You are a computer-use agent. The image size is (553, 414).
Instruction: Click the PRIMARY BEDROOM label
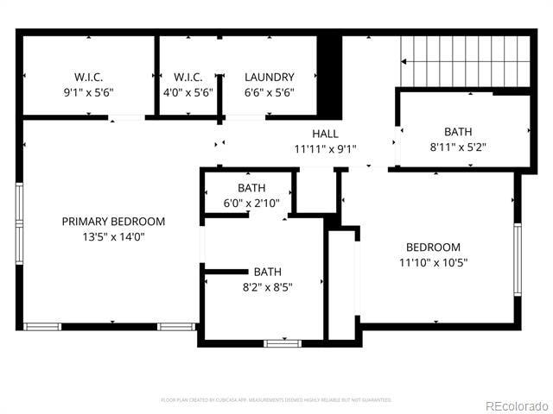point(113,222)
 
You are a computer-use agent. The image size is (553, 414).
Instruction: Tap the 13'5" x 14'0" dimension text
point(113,237)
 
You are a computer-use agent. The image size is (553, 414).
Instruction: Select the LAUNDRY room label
point(269,77)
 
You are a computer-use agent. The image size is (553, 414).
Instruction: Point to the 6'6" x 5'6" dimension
point(269,92)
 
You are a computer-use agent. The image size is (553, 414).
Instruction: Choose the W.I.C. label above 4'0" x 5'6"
point(188,77)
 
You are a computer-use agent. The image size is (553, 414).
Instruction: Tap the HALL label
point(325,134)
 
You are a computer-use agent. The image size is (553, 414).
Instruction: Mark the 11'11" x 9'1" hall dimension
point(325,148)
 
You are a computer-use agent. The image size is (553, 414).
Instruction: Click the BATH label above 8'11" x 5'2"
point(458,132)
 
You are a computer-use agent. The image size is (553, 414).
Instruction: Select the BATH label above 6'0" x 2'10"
point(251,188)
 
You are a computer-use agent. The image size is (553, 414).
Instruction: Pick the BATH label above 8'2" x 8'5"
point(267,272)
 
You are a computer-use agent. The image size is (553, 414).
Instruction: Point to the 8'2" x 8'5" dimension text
point(267,287)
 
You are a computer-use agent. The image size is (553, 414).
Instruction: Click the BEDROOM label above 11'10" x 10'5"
point(433,247)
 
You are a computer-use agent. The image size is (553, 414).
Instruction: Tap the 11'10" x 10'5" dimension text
point(433,262)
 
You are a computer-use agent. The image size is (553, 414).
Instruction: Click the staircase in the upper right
point(464,62)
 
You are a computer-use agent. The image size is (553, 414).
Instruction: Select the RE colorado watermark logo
point(516,405)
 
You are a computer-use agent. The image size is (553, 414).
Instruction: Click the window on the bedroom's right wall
point(518,260)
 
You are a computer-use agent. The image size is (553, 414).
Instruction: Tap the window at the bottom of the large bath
point(282,343)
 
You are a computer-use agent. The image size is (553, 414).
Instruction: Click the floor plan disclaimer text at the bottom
point(276,400)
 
